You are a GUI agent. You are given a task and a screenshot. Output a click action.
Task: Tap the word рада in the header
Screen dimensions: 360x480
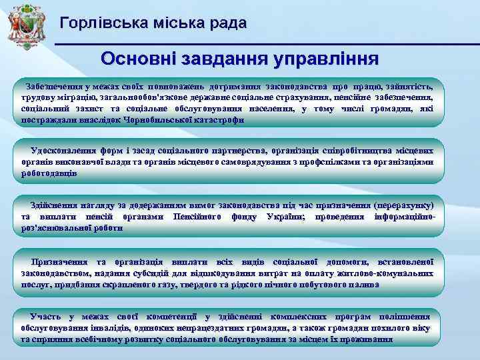(226, 23)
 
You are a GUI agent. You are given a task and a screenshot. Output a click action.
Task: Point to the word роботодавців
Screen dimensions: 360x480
(49, 173)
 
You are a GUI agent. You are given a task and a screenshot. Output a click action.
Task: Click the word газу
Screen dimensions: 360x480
(183, 284)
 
